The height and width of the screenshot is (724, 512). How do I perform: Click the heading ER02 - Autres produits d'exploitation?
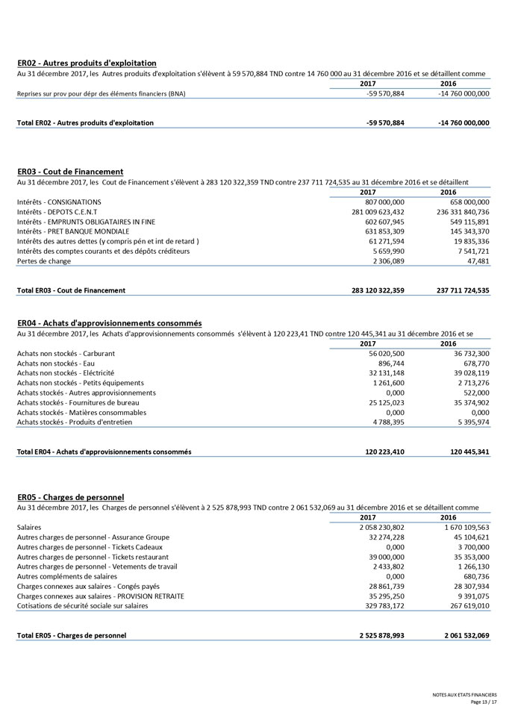(87, 63)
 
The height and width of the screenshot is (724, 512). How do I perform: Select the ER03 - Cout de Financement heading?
(70, 172)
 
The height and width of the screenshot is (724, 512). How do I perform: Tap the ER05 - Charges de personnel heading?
(70, 497)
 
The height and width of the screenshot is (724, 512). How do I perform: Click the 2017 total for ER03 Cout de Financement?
(372, 290)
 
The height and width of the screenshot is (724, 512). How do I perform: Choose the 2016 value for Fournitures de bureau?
(470, 402)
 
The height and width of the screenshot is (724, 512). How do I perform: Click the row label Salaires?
(29, 527)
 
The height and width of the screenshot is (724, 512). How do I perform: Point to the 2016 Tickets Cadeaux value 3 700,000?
(472, 547)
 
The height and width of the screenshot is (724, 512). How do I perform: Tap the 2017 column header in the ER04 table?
(368, 343)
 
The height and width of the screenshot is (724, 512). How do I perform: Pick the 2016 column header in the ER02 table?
(448, 84)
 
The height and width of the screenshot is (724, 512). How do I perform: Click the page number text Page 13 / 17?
(483, 702)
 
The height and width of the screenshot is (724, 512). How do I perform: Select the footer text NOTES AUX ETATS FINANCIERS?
(464, 695)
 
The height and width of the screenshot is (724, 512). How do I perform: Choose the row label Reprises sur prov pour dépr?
(102, 94)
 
